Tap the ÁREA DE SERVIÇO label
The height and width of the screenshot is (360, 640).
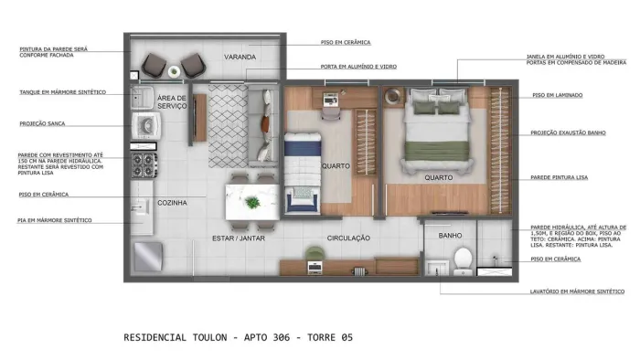pyautogui.click(x=172, y=102)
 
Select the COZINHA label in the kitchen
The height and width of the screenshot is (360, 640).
pyautogui.click(x=173, y=203)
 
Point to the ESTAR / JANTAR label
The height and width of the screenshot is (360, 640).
pyautogui.click(x=251, y=238)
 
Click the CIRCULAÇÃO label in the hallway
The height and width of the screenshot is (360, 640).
pyautogui.click(x=348, y=238)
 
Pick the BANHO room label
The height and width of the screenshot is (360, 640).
pyautogui.click(x=450, y=235)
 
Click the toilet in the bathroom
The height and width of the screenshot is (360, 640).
pyautogui.click(x=463, y=259)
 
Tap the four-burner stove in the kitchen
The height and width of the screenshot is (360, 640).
pyautogui.click(x=144, y=164)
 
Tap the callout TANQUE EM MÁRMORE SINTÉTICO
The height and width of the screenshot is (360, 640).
pyautogui.click(x=63, y=92)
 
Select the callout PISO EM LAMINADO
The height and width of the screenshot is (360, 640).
pyautogui.click(x=557, y=95)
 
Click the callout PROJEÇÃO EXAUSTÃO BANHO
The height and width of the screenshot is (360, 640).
pyautogui.click(x=568, y=132)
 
